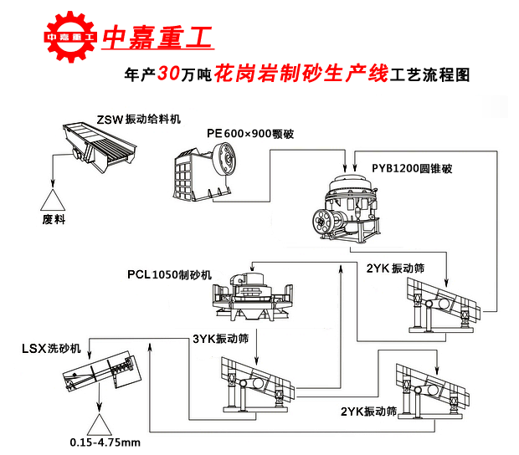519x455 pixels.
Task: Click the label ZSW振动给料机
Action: pyautogui.click(x=138, y=119)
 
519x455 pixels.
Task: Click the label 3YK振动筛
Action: pyautogui.click(x=220, y=339)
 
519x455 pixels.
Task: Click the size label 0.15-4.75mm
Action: pyautogui.click(x=105, y=442)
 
